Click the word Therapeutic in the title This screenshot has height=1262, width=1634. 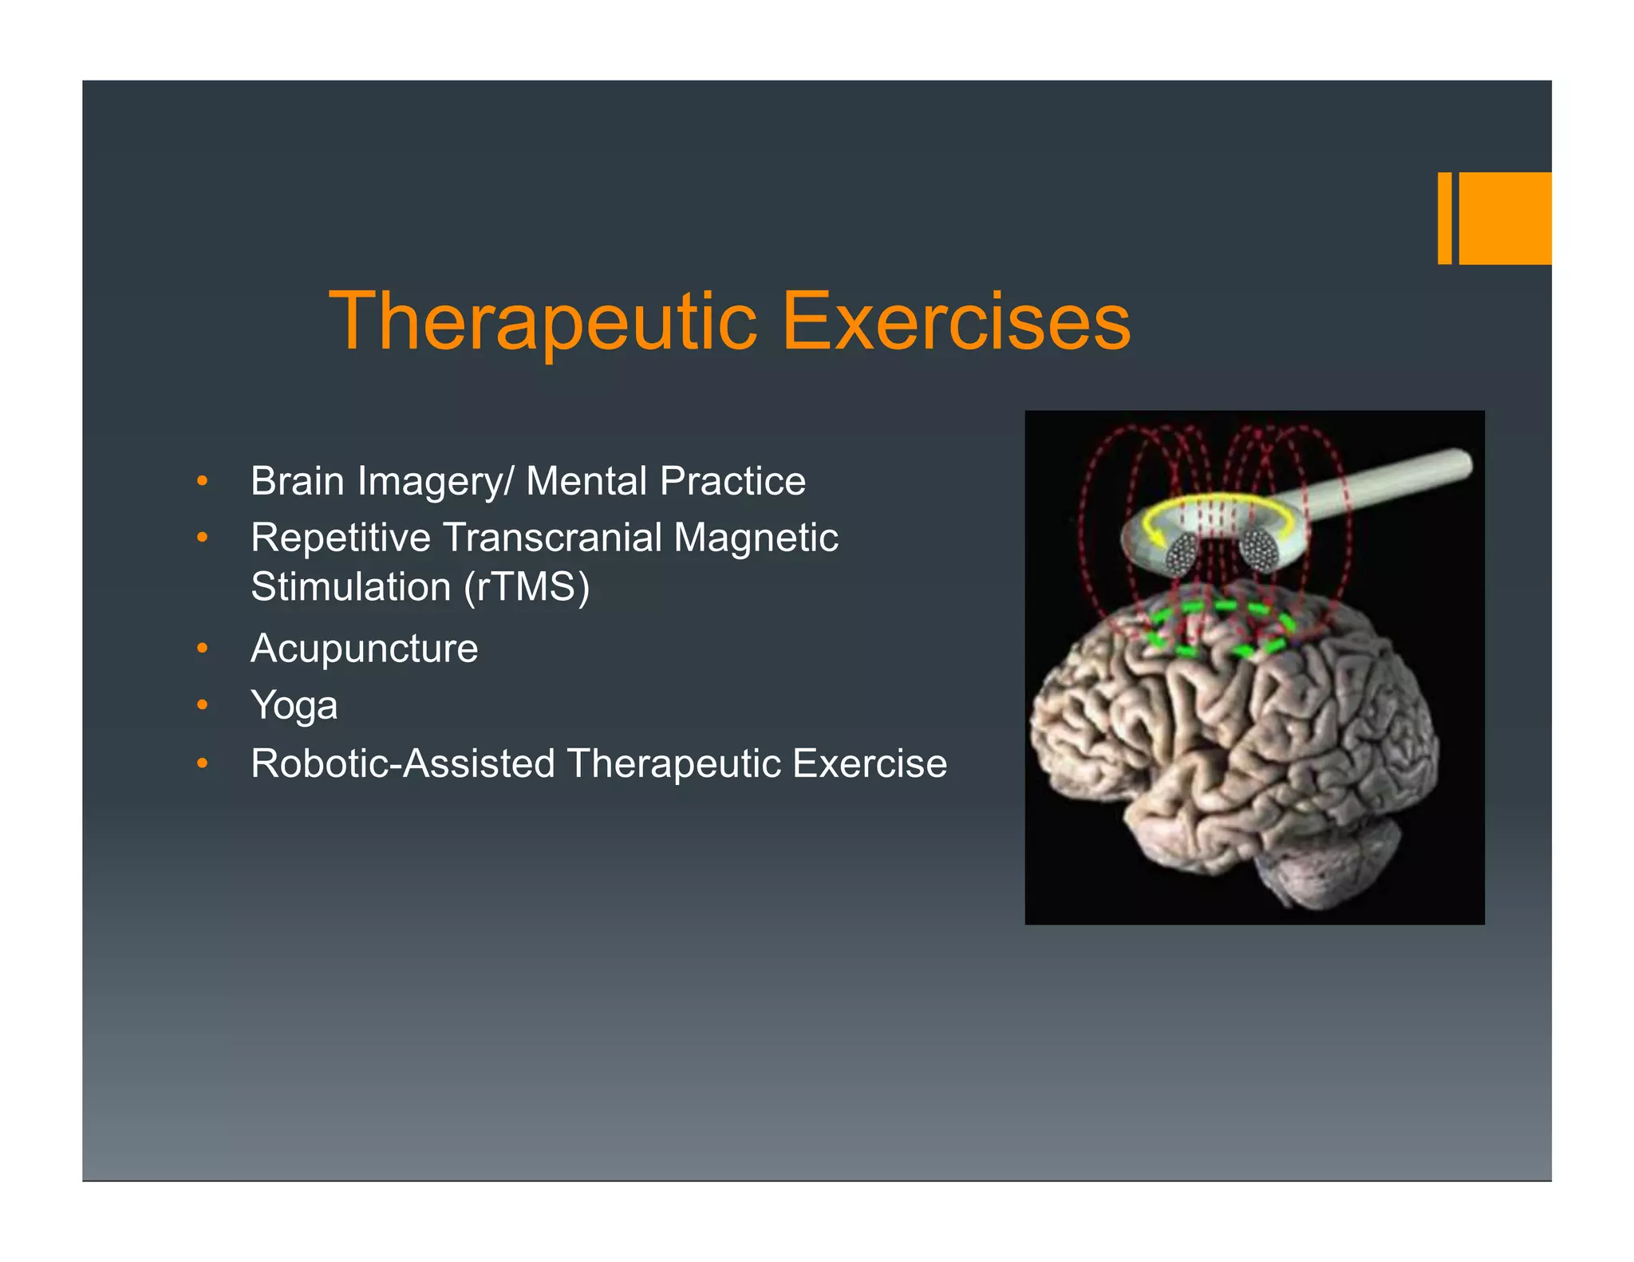[x=543, y=321]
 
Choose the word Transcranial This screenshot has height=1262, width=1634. [x=552, y=538]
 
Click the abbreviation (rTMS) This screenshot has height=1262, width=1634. [x=527, y=588]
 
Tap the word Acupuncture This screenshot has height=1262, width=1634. [x=365, y=649]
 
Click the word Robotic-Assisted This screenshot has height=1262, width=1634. [x=403, y=763]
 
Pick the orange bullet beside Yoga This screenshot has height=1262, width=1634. [x=203, y=705]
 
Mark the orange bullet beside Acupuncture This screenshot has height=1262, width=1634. [x=203, y=649]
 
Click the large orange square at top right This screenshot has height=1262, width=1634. [x=1505, y=218]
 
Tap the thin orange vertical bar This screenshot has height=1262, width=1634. [x=1444, y=218]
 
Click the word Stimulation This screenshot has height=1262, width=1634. [x=350, y=588]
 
